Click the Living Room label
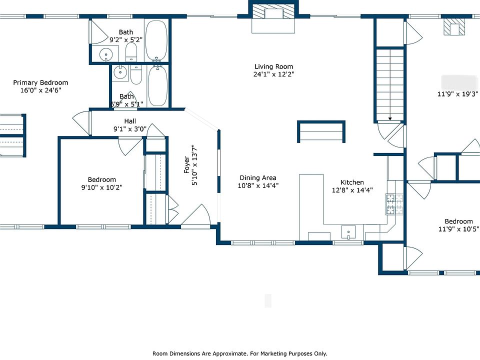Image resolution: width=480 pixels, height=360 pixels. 273,66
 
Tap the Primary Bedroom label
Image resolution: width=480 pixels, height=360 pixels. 40,82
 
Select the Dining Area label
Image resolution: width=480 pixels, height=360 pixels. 258,178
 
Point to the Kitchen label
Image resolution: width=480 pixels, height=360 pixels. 352,182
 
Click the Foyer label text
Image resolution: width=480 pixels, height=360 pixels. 186,164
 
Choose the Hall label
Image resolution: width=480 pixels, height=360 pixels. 130,121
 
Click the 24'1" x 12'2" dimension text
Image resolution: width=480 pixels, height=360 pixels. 273,74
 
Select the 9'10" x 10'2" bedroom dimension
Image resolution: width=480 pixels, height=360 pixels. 101,187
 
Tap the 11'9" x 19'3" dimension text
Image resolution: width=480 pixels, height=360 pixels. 458,94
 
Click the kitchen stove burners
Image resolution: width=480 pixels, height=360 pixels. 394,204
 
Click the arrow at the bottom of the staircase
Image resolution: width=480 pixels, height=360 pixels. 390,118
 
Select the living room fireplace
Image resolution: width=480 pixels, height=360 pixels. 273,13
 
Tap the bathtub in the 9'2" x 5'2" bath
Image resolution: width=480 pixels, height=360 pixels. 156,40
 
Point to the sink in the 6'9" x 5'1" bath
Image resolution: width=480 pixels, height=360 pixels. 120,72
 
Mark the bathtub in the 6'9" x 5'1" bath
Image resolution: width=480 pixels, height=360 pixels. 157,85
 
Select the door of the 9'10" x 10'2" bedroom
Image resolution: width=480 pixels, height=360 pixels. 130,146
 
